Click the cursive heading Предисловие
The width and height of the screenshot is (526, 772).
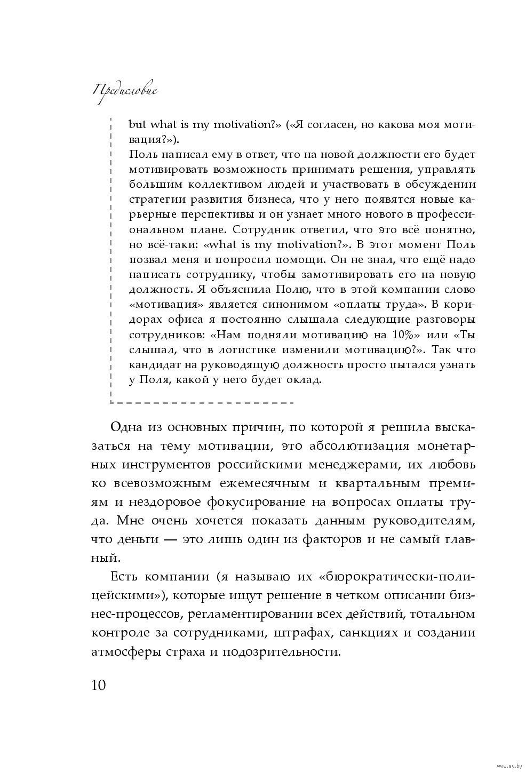(125, 91)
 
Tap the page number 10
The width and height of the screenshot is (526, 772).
(99, 685)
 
